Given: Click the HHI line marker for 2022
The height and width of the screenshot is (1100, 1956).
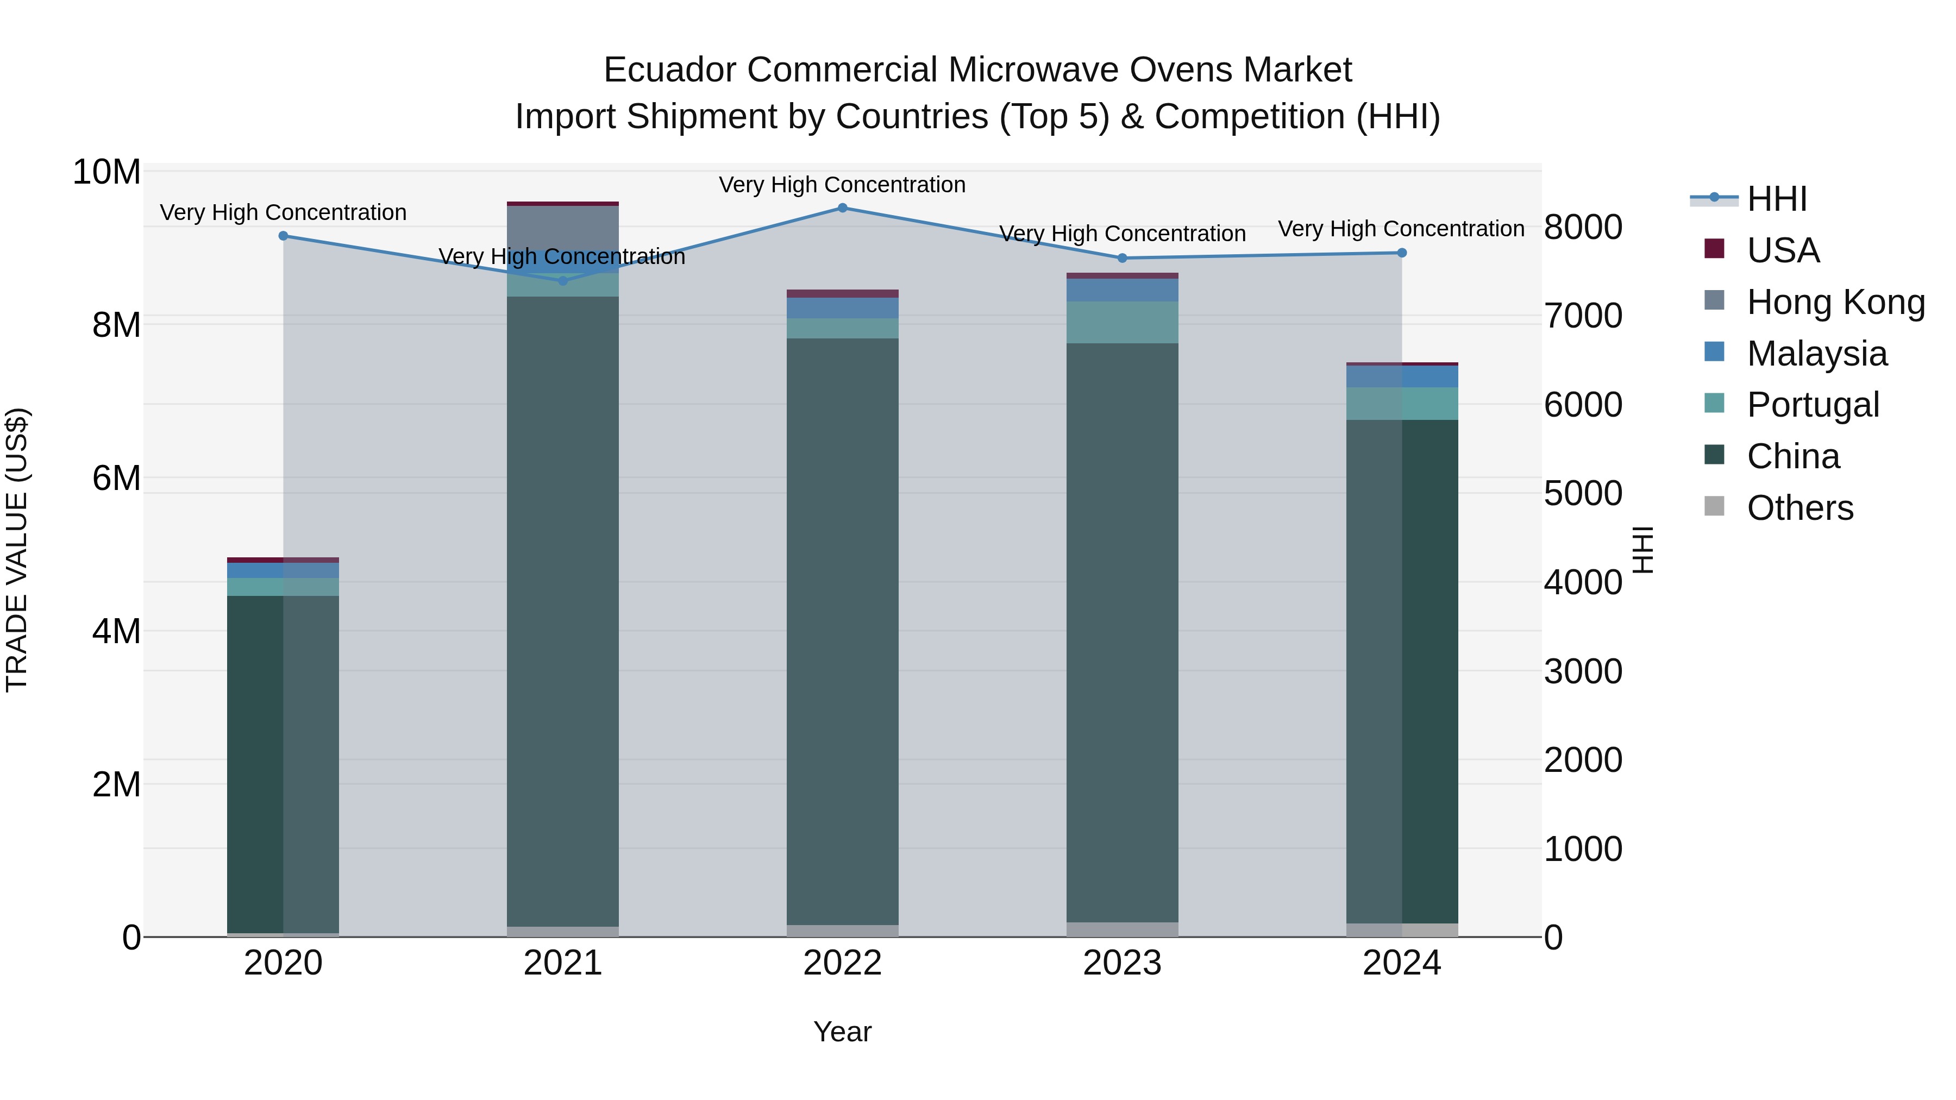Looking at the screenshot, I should click(842, 208).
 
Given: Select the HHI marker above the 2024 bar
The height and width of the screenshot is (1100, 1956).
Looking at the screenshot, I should click(1402, 253).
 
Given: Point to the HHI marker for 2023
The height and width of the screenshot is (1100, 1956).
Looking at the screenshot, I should click(1123, 258).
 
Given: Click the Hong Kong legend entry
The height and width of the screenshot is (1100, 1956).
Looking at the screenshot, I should click(1835, 302).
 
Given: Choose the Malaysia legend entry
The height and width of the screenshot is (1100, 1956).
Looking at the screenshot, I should click(1816, 354).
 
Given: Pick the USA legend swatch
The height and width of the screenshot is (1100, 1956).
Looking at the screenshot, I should click(1715, 249).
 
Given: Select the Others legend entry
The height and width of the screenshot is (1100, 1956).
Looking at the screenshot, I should click(1800, 508).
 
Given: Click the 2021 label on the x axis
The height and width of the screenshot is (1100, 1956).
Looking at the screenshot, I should click(563, 963).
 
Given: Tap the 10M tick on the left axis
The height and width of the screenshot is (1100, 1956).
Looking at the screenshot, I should click(106, 172).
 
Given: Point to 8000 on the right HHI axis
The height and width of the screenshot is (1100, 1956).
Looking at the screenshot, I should click(1583, 227).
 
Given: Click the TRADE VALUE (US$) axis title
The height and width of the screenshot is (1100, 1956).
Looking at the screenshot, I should click(17, 550).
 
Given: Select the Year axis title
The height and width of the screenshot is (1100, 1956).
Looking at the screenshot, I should click(842, 1032).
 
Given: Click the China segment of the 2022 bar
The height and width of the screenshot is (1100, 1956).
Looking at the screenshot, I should click(842, 630).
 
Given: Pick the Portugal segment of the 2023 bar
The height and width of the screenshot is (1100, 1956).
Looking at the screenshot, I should click(1123, 323).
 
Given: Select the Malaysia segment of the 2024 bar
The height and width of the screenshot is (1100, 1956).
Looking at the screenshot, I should click(1402, 376).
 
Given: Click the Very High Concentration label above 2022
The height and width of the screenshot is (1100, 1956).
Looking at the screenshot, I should click(842, 185).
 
